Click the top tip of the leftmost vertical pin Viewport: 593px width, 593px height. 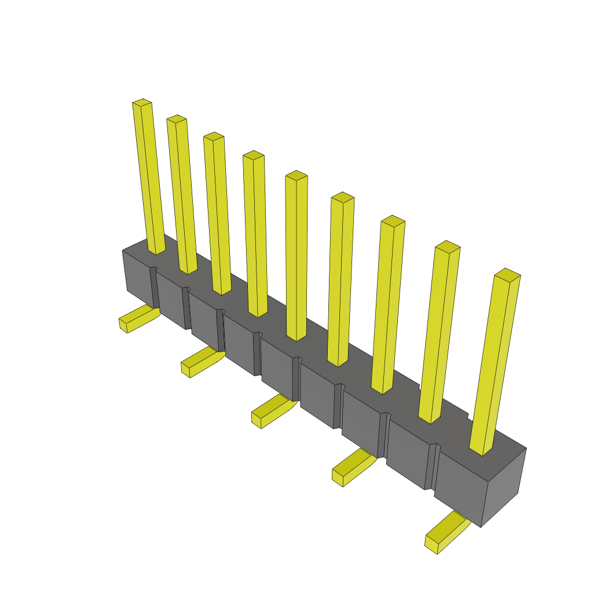(142, 103)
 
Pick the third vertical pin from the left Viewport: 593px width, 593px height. (218, 214)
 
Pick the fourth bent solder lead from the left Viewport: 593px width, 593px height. (352, 467)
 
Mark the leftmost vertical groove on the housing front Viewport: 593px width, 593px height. (155, 287)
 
